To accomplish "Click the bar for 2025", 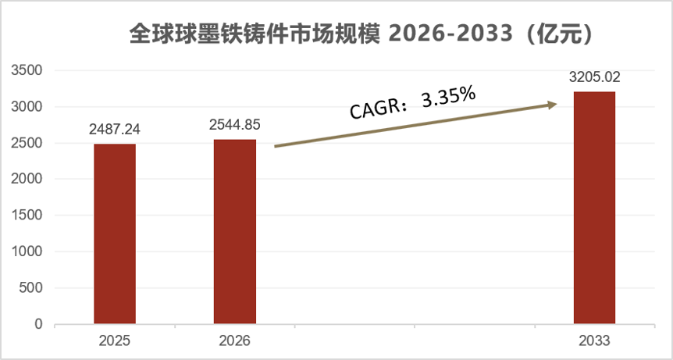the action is pos(115,233).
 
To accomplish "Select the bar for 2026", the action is pos(235,232).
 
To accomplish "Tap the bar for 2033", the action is pos(594,208).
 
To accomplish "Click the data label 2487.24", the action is pos(115,129).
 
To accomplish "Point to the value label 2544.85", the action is pos(235,124).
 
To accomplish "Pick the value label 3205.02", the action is pos(594,77).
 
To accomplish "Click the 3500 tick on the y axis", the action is pos(27,70).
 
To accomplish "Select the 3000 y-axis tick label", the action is pos(27,107).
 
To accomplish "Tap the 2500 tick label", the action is pos(27,143).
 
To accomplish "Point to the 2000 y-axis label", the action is pos(27,180).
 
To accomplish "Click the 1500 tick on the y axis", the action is pos(27,216).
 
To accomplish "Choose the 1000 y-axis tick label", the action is pos(27,252).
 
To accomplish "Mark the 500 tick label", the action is pos(31,288).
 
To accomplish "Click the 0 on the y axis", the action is pos(39,324).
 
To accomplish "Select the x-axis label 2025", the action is pos(115,341).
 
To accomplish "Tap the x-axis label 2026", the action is pos(235,341).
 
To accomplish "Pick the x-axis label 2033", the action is pos(594,341).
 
